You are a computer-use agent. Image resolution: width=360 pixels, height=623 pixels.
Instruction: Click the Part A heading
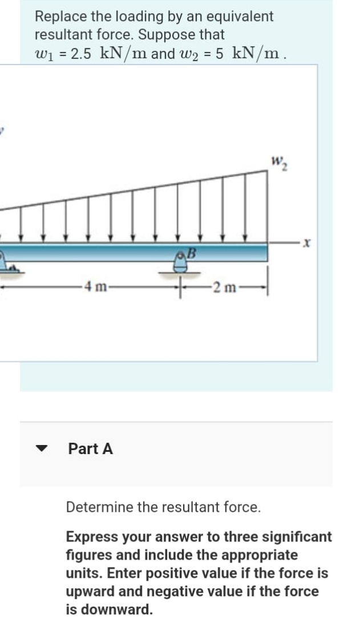tap(90, 449)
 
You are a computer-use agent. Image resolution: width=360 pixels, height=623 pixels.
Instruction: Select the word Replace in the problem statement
tap(58, 17)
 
